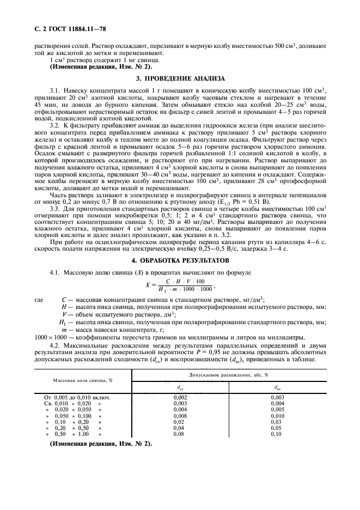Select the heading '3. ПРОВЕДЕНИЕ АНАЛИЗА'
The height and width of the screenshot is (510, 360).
click(180, 79)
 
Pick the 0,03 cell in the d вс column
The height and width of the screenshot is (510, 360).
click(277, 422)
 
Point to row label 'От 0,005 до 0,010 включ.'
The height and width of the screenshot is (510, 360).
click(77, 397)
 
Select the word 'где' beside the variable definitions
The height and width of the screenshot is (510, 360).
click(39, 300)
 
